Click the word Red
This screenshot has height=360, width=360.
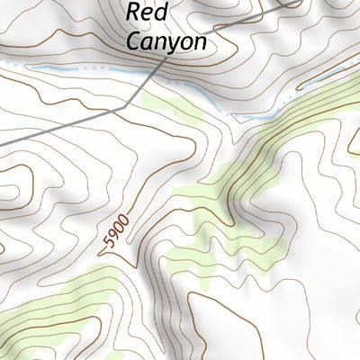[x=148, y=13]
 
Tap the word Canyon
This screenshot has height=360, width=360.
[x=166, y=40]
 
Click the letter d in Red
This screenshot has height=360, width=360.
[x=162, y=13]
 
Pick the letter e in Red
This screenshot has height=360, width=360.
[x=149, y=15]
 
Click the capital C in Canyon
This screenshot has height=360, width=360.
[x=134, y=40]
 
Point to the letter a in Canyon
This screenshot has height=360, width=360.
[x=148, y=42]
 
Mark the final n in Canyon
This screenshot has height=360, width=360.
[x=201, y=42]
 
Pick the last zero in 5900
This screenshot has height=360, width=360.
[x=123, y=218]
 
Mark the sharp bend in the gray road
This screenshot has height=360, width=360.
[x=123, y=108]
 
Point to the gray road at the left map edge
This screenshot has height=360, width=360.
[x=3, y=142]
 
